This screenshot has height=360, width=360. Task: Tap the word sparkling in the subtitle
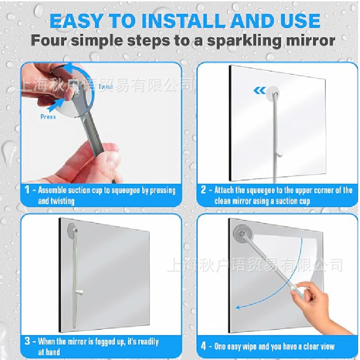click(244, 41)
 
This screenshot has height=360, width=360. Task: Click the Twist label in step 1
click(106, 86)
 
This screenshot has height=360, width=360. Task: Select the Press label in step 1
click(48, 117)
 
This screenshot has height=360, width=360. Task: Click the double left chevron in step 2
click(260, 90)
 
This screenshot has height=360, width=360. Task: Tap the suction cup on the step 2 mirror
click(273, 92)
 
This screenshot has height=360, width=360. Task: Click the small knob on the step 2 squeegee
click(279, 154)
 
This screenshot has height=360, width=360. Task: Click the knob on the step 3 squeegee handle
click(80, 292)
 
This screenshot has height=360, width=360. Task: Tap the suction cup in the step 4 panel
click(242, 234)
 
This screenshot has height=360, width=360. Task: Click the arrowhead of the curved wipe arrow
click(238, 307)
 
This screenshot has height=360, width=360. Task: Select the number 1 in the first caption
click(27, 189)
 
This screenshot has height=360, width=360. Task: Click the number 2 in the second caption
click(203, 189)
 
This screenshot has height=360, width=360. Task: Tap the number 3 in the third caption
click(27, 341)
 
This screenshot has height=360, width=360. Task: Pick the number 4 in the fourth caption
click(203, 346)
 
